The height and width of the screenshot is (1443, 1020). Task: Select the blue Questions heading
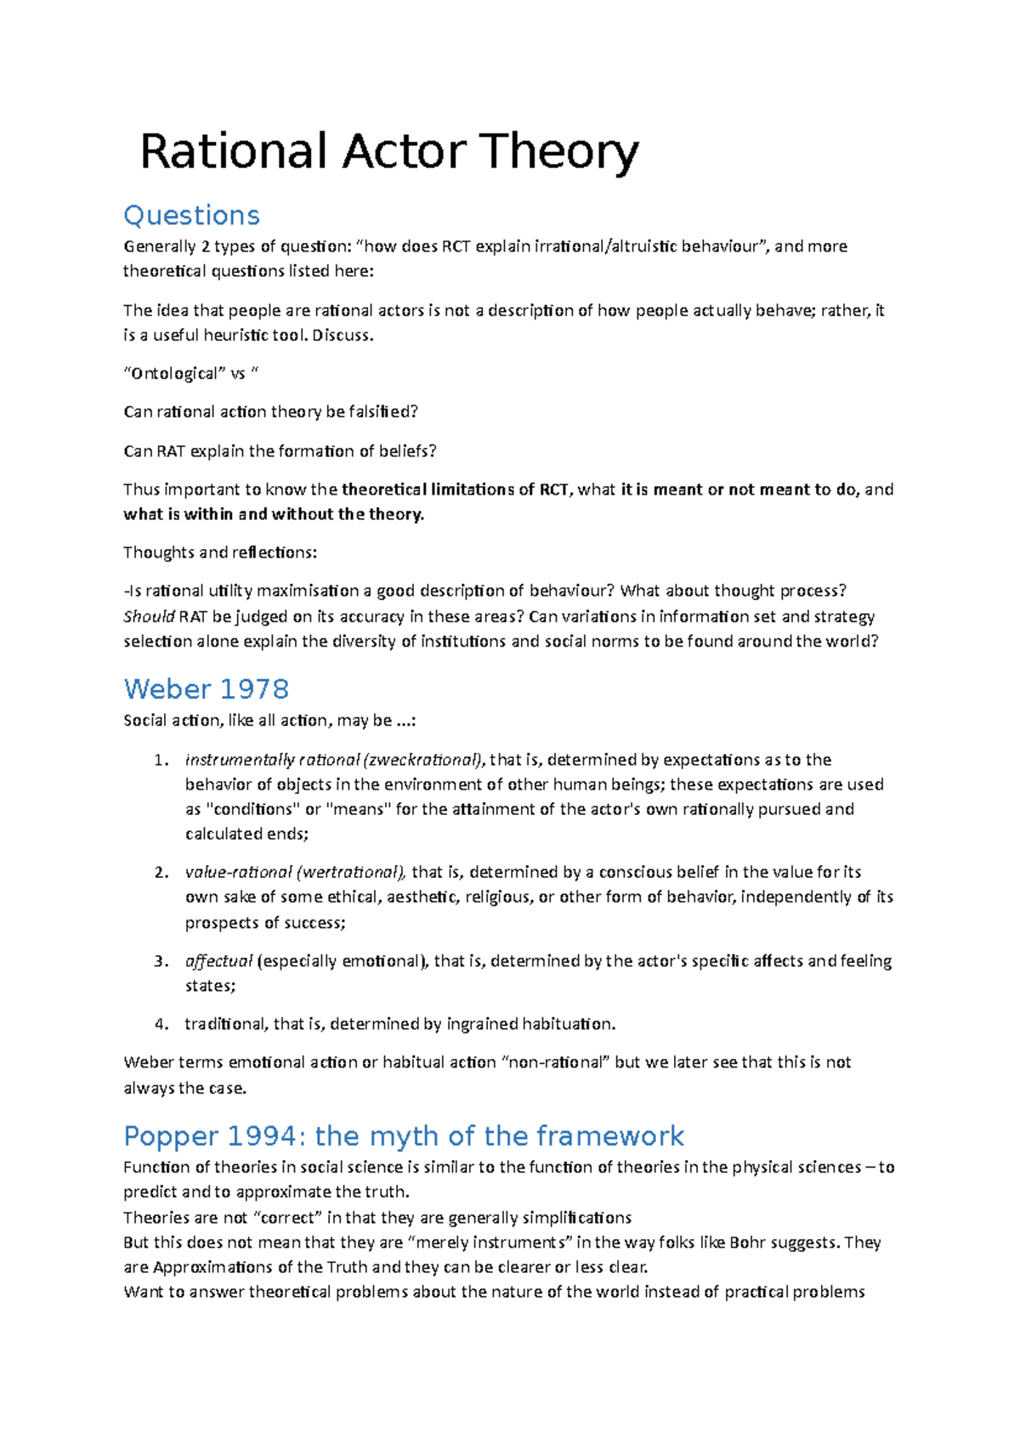pos(191,215)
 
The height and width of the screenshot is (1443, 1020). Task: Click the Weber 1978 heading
pos(206,688)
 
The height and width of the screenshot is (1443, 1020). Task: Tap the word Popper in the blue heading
pos(170,1135)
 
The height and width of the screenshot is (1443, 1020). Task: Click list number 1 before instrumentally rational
pos(160,760)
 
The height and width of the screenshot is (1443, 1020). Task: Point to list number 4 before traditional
pos(160,1024)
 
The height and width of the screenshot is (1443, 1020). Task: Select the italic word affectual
pos(218,961)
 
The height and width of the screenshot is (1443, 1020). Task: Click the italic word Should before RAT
pos(149,616)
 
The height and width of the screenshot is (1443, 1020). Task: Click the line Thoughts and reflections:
pos(219,552)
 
